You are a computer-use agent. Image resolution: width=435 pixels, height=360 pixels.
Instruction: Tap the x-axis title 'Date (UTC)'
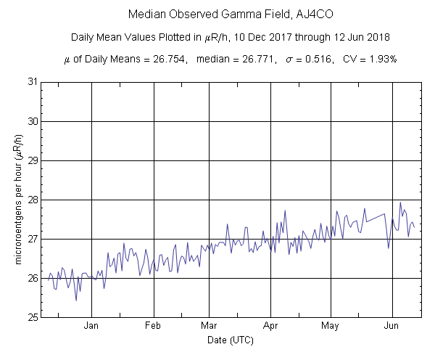230,340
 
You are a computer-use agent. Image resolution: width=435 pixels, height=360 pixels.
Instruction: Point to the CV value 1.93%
379,59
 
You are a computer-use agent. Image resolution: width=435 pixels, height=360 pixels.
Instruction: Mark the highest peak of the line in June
400,202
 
